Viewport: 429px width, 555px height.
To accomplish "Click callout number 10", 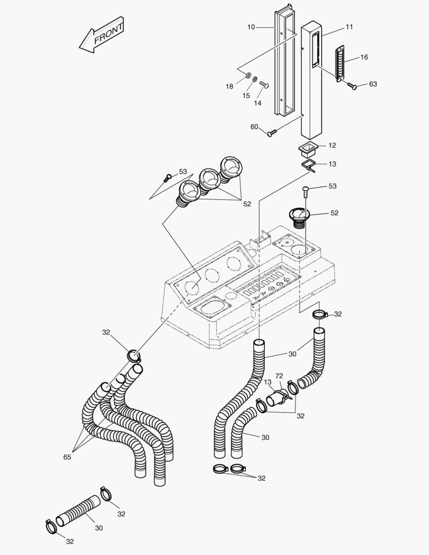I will tap(251, 26).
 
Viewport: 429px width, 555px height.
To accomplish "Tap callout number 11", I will tap(349, 26).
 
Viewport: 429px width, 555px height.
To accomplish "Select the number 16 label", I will tap(364, 57).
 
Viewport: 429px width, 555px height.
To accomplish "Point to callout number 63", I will tap(373, 84).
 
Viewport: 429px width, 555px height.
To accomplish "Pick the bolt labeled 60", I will tap(272, 133).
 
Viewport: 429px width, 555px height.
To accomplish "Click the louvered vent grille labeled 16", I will tap(340, 63).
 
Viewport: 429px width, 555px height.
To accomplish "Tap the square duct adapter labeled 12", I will tap(308, 150).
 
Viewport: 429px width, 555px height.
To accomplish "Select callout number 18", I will tap(230, 86).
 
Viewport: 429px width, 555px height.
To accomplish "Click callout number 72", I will tap(279, 376).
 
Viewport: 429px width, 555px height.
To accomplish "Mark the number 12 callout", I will tap(332, 146).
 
